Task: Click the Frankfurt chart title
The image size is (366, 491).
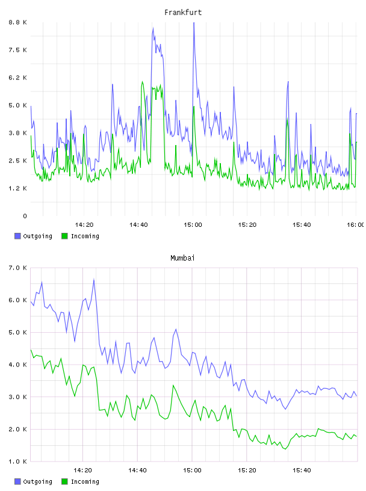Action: (x=183, y=13)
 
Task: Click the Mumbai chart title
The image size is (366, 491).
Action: (x=182, y=258)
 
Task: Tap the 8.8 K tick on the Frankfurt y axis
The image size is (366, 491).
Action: (x=17, y=22)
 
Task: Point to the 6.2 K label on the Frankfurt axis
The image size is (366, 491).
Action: (x=17, y=78)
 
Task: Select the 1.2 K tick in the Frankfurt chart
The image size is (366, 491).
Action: (x=17, y=188)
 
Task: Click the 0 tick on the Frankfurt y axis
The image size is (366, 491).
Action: (x=25, y=216)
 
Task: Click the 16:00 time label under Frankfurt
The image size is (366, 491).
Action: (x=356, y=224)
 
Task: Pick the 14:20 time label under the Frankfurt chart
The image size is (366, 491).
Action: (x=84, y=224)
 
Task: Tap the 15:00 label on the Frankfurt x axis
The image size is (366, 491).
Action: (x=193, y=224)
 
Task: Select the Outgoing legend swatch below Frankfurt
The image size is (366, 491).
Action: (x=17, y=236)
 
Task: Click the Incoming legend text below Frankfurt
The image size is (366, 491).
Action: (x=85, y=236)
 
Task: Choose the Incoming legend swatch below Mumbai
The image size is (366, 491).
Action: (x=64, y=481)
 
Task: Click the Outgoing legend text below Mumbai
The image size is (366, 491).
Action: (x=37, y=481)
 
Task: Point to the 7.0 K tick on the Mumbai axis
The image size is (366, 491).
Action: (x=17, y=268)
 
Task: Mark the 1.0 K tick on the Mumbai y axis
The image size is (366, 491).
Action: (x=17, y=462)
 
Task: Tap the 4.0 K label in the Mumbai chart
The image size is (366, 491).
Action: (x=17, y=365)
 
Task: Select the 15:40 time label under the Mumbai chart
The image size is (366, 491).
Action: (x=302, y=470)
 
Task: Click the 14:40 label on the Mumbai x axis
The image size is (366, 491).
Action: (x=137, y=470)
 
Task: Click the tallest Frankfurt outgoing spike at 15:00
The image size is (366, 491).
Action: (x=194, y=23)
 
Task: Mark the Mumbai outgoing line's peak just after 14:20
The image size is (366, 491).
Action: (x=94, y=279)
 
